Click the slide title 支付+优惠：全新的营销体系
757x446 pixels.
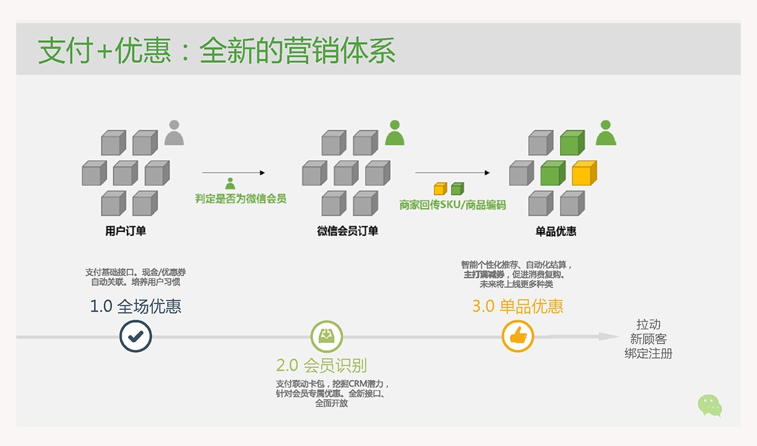tap(216, 51)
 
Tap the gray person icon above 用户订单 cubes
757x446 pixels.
tap(174, 133)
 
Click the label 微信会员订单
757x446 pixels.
tap(347, 231)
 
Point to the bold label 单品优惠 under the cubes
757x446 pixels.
tap(556, 231)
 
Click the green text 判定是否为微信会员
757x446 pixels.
tap(240, 199)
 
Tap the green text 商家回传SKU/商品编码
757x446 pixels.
tap(452, 205)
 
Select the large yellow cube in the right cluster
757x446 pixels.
tap(584, 172)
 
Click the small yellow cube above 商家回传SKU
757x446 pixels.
tap(440, 189)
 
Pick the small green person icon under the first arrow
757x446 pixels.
tap(230, 183)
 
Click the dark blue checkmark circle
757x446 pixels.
tap(135, 336)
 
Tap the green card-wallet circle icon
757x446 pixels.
tap(327, 336)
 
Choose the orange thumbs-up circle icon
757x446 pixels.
tap(518, 336)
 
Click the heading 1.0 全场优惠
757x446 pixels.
tap(135, 306)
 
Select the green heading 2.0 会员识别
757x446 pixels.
tap(321, 365)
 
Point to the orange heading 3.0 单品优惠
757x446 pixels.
tap(517, 306)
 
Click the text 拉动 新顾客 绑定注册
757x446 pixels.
tap(648, 339)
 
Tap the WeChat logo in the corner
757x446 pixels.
tap(710, 405)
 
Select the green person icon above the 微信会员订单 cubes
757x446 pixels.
tap(395, 133)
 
